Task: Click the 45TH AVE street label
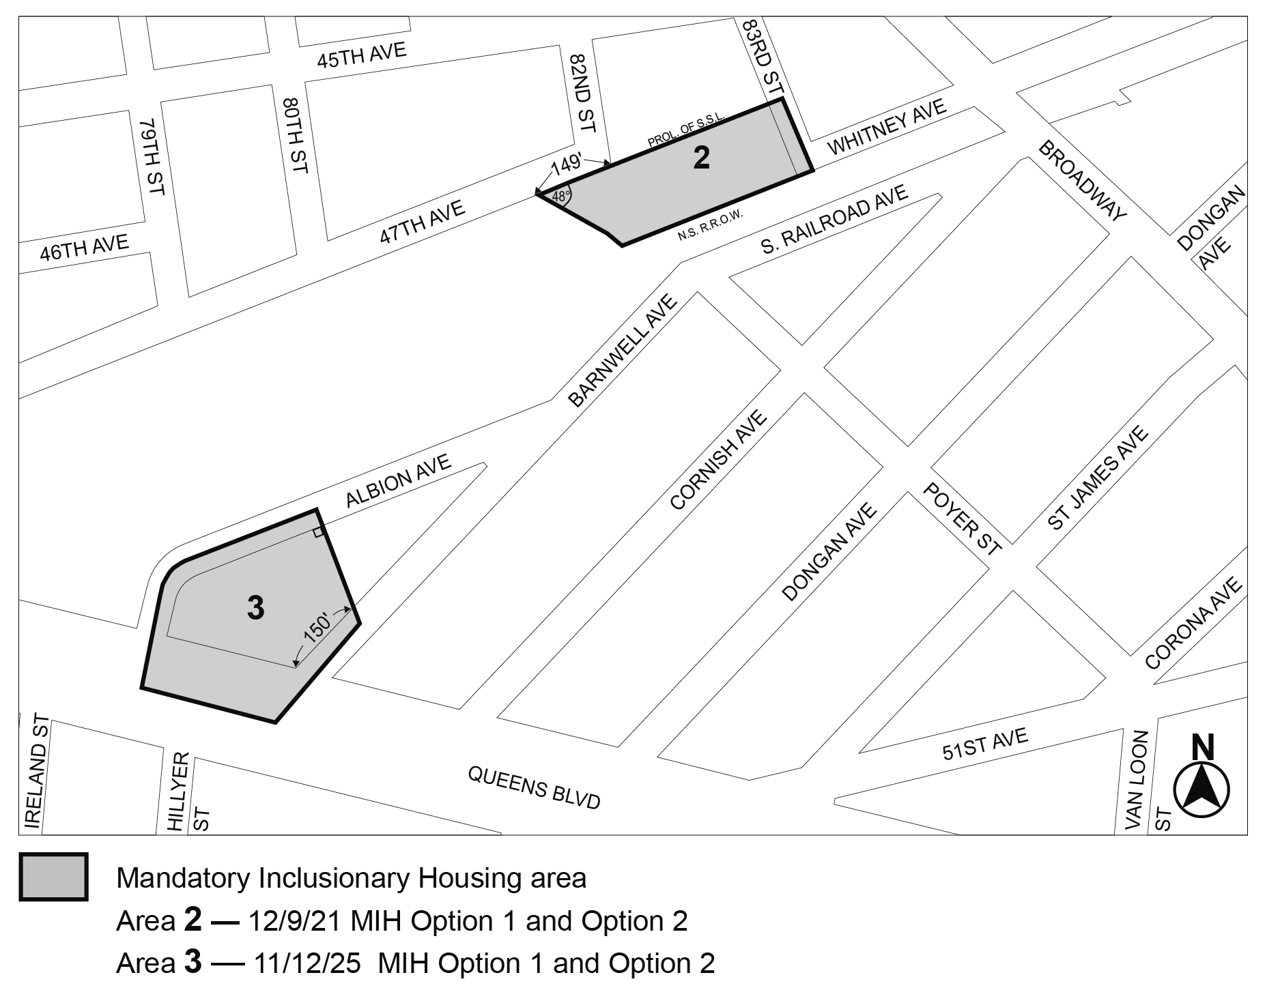[361, 55]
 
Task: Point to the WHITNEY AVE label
[887, 127]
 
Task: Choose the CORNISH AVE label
[719, 459]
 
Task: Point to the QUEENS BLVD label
[534, 787]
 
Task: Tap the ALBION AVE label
[398, 481]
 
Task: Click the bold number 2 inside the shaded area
[701, 158]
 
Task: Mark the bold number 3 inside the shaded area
[255, 608]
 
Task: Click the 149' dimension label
[566, 164]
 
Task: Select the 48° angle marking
[560, 197]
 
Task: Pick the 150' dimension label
[317, 629]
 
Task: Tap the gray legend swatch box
[53, 877]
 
